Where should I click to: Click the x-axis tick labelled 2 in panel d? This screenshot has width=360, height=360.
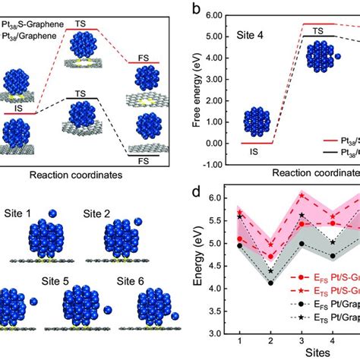point(271,340)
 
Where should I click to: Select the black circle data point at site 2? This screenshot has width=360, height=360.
point(271,283)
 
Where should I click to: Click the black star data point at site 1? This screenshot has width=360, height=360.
point(240,216)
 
